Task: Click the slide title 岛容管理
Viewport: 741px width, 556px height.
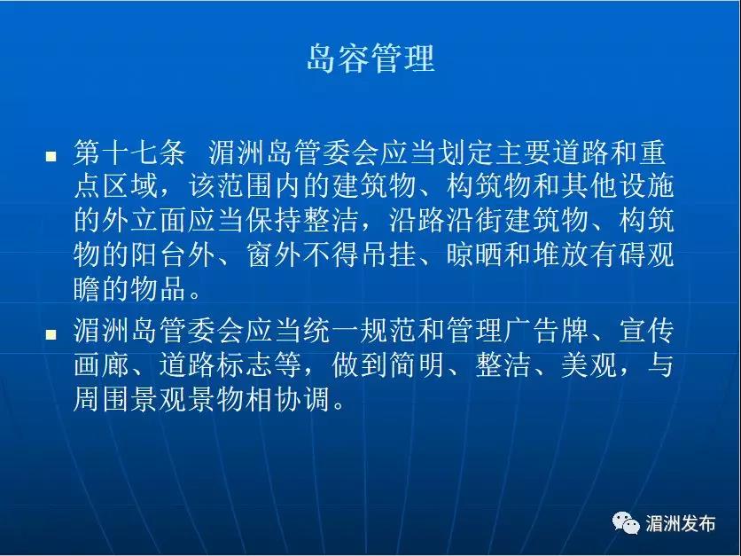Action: point(370,59)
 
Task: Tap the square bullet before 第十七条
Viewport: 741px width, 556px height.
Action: point(51,156)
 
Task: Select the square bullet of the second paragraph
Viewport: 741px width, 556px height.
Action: point(51,334)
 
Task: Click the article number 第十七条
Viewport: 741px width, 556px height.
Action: point(129,153)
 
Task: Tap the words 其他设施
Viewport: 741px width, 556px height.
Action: point(618,186)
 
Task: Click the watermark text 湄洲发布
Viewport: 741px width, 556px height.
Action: point(680,523)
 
